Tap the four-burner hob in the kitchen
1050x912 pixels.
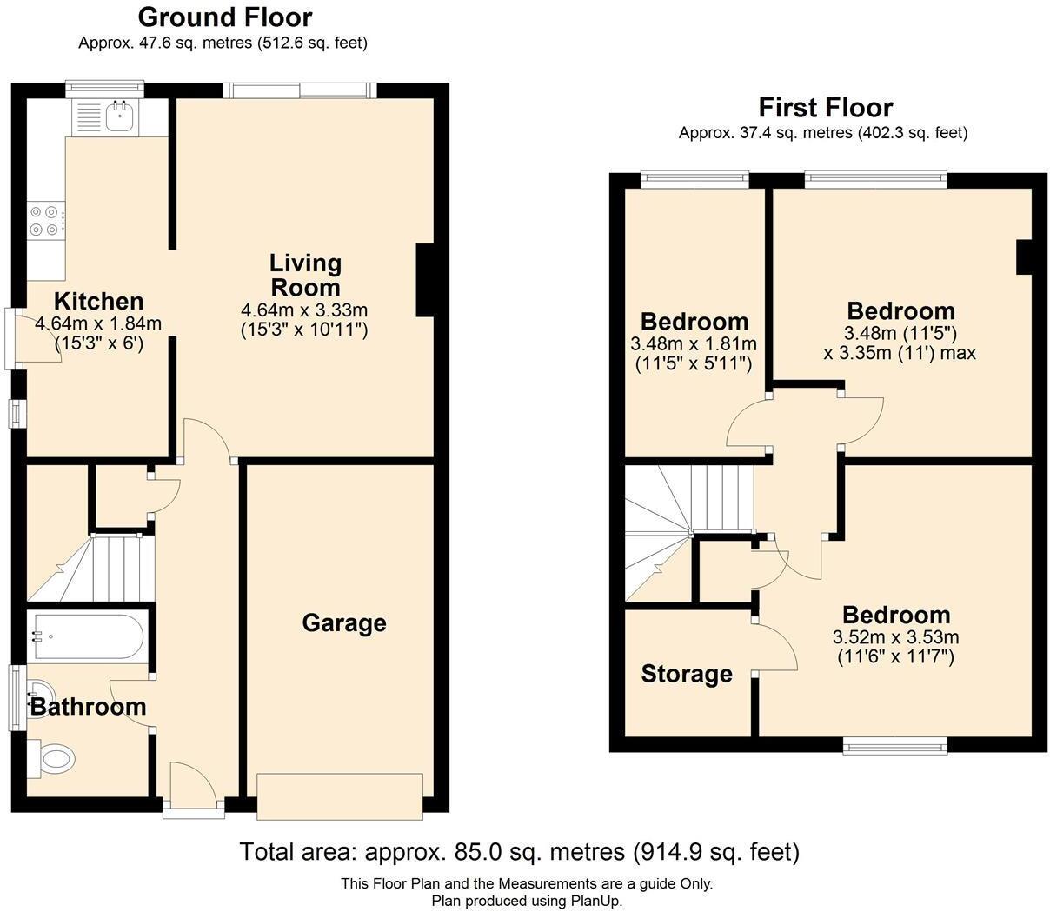[45, 220]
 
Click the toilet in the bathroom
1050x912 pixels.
[52, 759]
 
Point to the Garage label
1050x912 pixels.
[344, 622]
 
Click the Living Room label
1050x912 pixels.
[305, 275]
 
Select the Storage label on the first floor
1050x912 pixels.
[687, 674]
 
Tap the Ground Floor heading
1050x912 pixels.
[225, 17]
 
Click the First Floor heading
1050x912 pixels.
[825, 108]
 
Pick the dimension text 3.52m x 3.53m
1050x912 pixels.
[895, 637]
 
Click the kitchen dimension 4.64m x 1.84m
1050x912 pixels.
[98, 323]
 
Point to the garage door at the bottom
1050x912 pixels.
[340, 796]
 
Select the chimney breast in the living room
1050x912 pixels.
[426, 280]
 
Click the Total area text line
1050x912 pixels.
[519, 852]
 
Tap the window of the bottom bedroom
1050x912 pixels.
[894, 744]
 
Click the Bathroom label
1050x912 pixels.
[88, 707]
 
